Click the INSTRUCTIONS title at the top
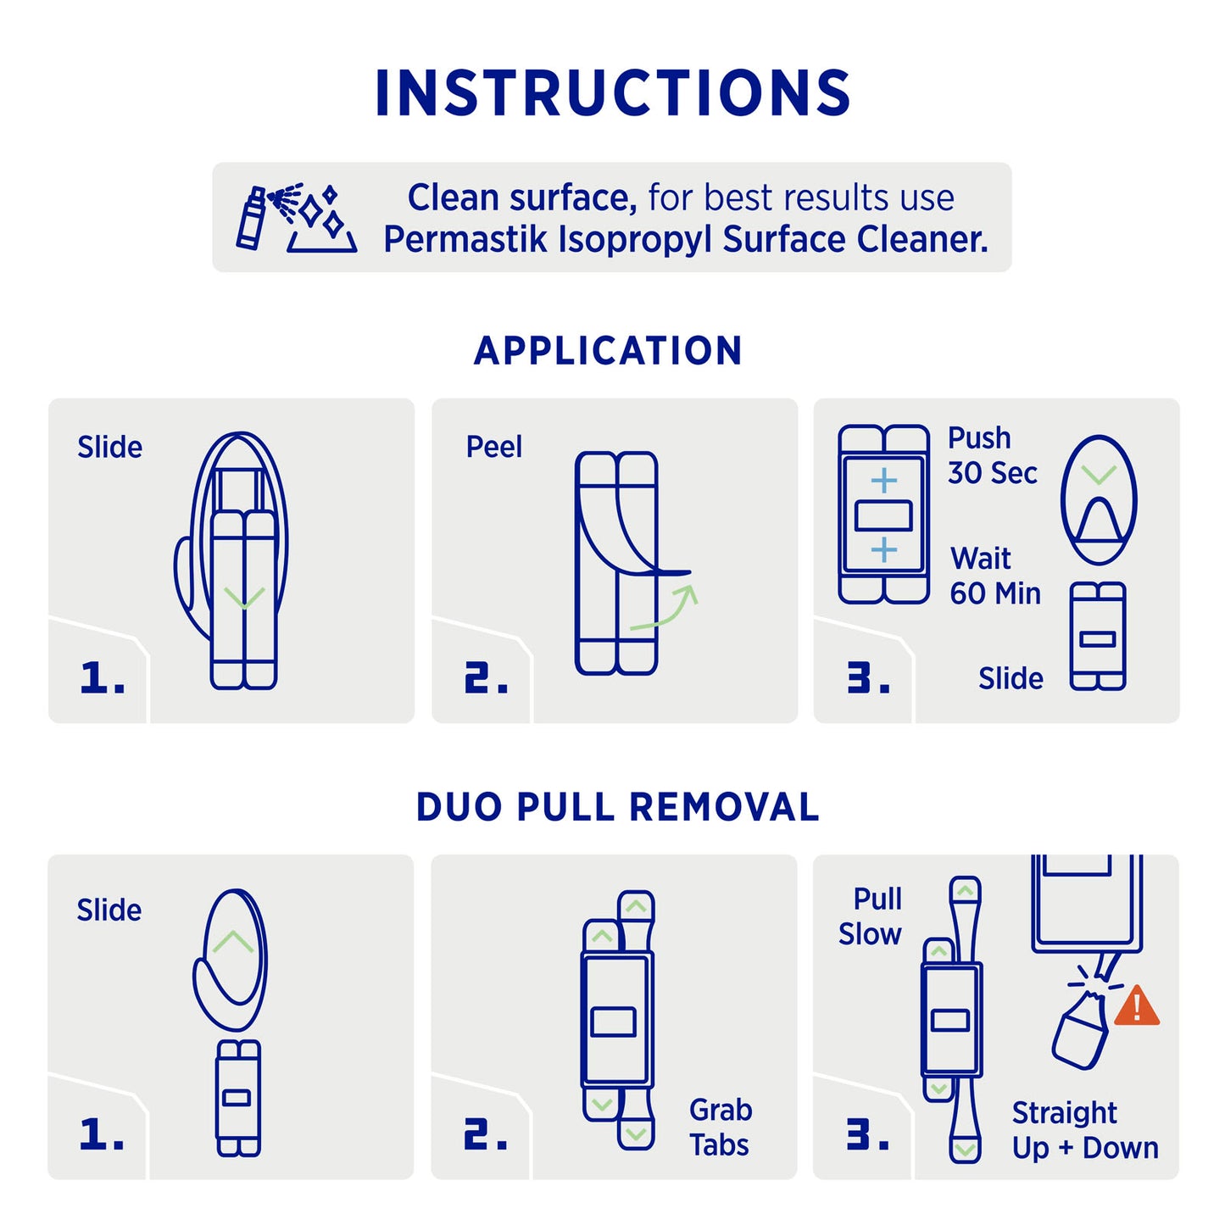click(612, 92)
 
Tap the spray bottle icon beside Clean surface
click(250, 218)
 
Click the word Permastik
click(465, 240)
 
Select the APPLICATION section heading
click(608, 350)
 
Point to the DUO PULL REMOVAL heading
click(617, 807)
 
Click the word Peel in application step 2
click(494, 447)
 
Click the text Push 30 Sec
click(992, 455)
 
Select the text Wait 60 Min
click(995, 576)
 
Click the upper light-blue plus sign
click(883, 482)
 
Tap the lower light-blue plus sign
click(883, 550)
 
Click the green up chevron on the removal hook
click(232, 942)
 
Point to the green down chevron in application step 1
click(245, 598)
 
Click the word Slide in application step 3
click(1011, 678)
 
